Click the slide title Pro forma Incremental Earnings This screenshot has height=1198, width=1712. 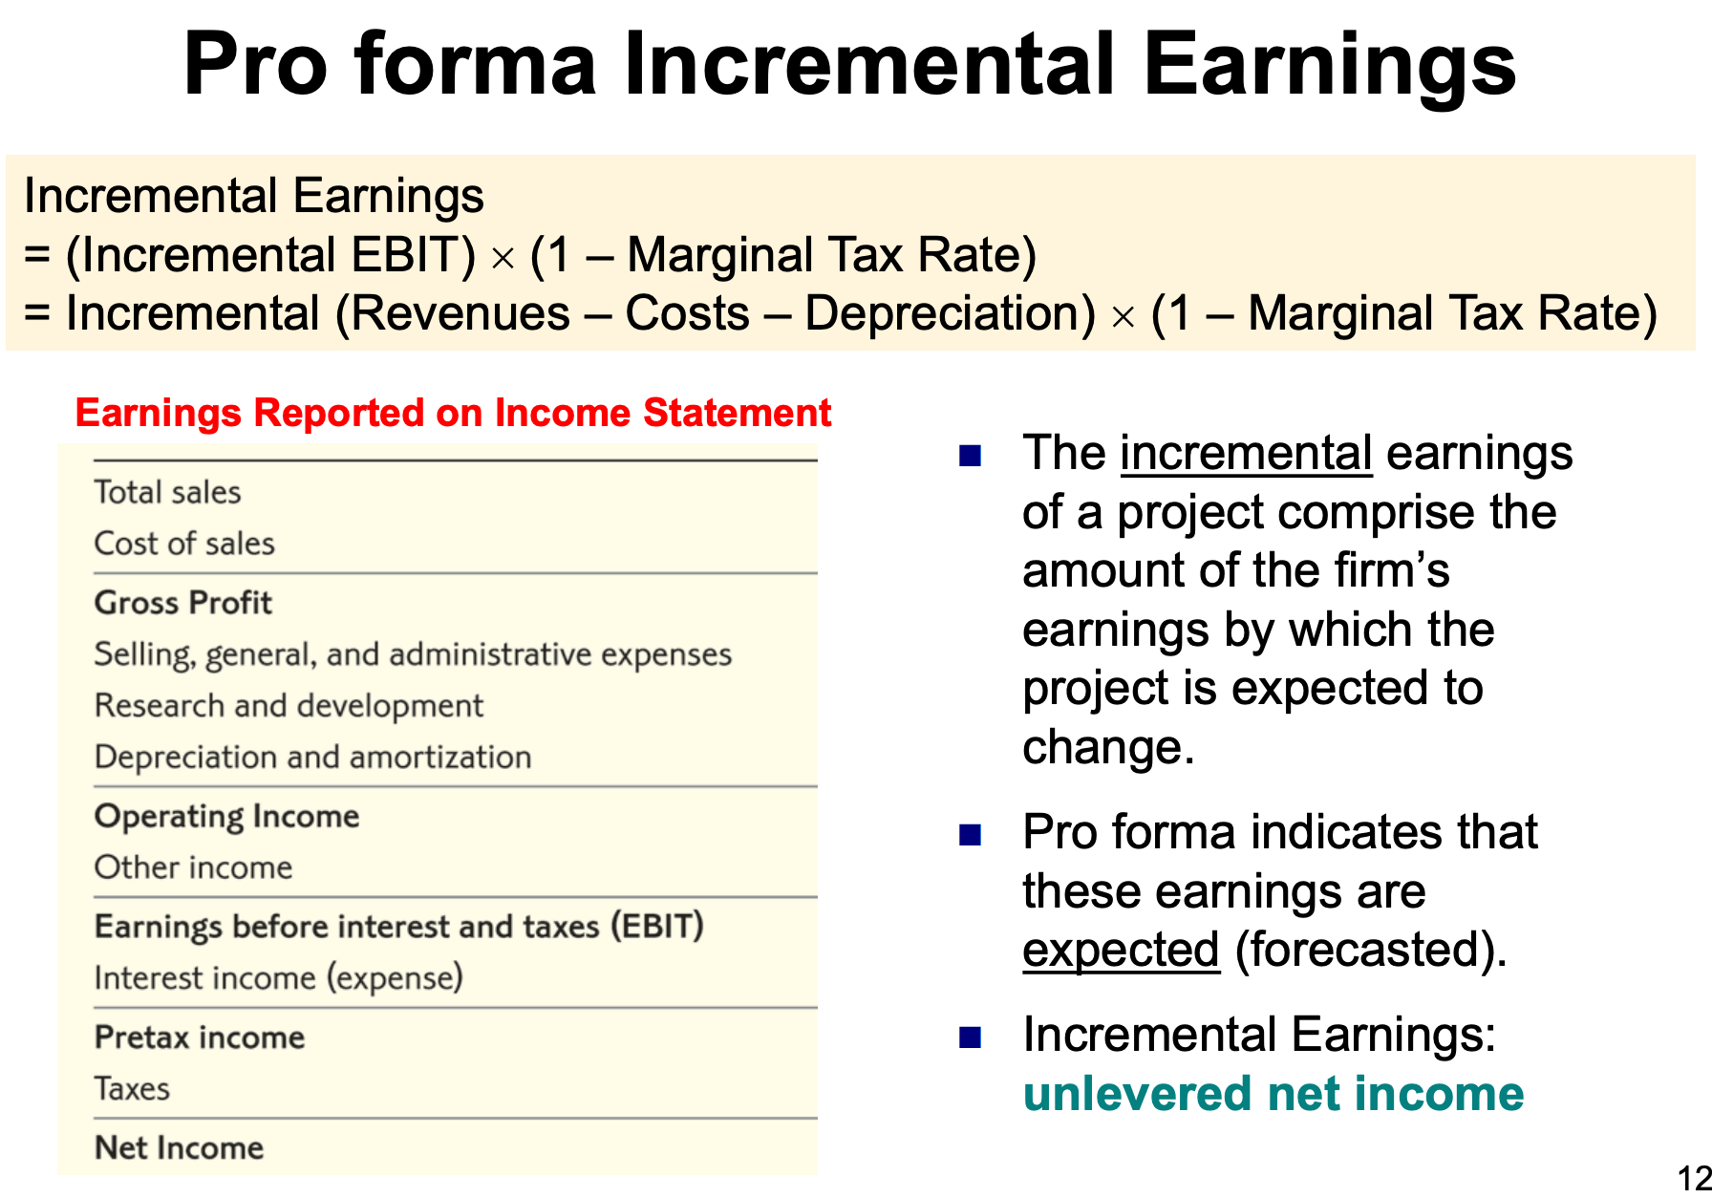849,65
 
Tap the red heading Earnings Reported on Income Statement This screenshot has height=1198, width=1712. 453,413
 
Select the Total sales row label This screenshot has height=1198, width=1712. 167,492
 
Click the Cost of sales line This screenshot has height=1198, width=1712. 184,544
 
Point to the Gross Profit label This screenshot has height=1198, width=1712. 183,603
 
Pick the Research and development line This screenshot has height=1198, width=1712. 289,706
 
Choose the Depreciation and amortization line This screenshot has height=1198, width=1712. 312,758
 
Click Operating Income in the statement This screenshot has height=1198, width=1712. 227,817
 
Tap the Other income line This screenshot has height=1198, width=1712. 193,867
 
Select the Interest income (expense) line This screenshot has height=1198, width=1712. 278,978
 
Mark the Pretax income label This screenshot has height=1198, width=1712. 200,1038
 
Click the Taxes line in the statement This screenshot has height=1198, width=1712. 132,1089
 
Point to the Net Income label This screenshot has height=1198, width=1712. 179,1147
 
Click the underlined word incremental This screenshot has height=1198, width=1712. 1246,453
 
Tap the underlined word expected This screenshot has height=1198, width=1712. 1121,951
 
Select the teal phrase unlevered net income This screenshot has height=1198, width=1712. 1273,1094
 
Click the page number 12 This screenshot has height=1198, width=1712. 1694,1178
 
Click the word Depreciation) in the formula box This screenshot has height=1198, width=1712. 950,314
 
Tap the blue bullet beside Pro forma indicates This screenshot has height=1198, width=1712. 971,835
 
